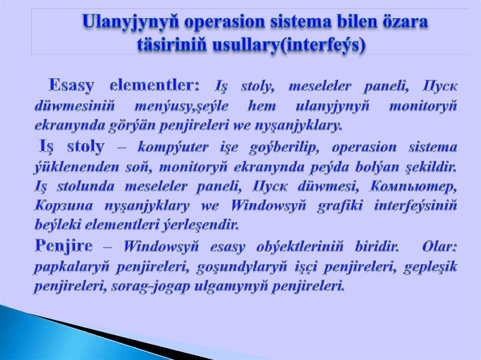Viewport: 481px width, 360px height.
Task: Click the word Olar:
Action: [440, 246]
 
